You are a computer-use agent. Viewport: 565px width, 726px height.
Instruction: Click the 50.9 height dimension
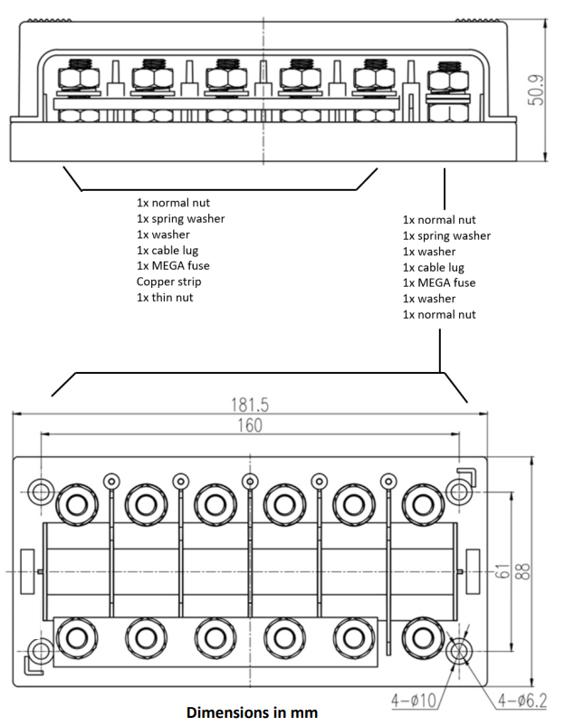pyautogui.click(x=536, y=90)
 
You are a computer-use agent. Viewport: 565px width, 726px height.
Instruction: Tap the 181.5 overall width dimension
pyautogui.click(x=250, y=406)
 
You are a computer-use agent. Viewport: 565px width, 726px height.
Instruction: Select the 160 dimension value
pyautogui.click(x=250, y=425)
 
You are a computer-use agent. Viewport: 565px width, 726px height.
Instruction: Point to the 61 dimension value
pyautogui.click(x=502, y=571)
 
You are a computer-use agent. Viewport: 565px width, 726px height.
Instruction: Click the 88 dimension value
pyautogui.click(x=522, y=571)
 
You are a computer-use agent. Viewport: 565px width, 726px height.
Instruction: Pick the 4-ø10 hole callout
pyautogui.click(x=414, y=701)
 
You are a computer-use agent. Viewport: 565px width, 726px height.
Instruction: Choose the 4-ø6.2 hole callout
pyautogui.click(x=522, y=701)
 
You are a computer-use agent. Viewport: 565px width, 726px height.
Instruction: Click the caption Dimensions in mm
pyautogui.click(x=252, y=712)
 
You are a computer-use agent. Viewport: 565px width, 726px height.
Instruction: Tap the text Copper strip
pyautogui.click(x=168, y=282)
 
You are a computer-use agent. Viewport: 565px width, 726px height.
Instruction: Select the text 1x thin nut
pyautogui.click(x=165, y=297)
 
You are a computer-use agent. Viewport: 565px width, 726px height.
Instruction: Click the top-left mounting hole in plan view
pyautogui.click(x=41, y=492)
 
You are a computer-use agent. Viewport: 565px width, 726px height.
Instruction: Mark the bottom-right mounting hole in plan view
pyautogui.click(x=459, y=652)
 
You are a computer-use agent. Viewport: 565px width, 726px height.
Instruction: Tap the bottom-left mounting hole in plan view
pyautogui.click(x=41, y=652)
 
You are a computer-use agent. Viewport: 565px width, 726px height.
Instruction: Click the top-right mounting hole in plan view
pyautogui.click(x=459, y=492)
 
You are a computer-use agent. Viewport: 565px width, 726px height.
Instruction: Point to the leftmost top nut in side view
pyautogui.click(x=78, y=79)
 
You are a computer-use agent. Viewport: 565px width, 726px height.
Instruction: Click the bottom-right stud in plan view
pyautogui.click(x=422, y=638)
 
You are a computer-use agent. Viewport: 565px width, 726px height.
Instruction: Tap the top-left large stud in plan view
pyautogui.click(x=77, y=505)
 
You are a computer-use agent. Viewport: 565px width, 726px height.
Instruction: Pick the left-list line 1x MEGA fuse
pyautogui.click(x=173, y=266)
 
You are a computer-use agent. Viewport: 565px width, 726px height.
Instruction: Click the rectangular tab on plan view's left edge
pyautogui.click(x=27, y=571)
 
